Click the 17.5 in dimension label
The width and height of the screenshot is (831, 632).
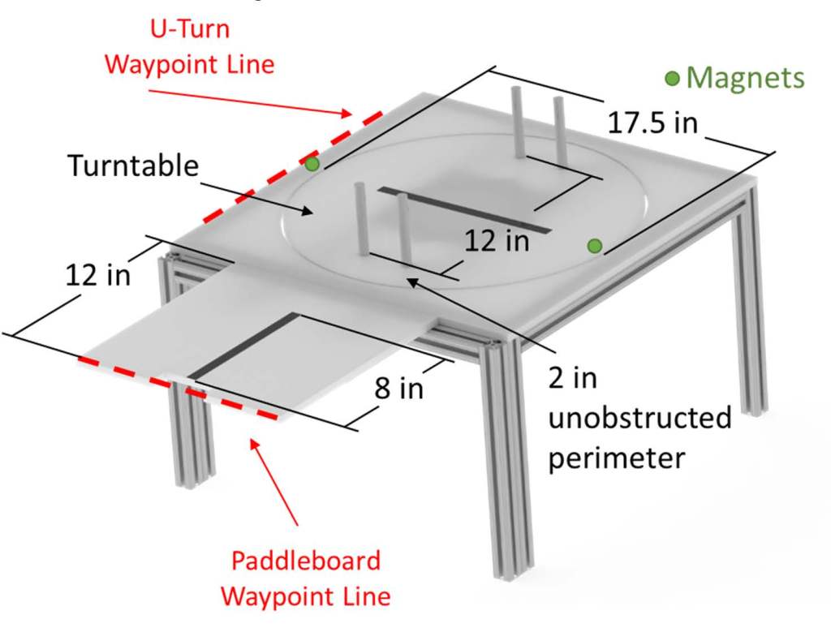pos(652,123)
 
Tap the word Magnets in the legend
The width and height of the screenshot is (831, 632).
pos(745,78)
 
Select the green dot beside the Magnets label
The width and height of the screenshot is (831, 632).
pos(672,78)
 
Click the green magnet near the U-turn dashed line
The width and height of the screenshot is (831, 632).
pos(312,164)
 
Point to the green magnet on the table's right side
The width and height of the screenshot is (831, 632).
pos(595,245)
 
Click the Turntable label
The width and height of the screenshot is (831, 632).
pos(133,166)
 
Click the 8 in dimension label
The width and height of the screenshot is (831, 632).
pos(398,388)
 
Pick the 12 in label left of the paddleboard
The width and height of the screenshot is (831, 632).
pos(97,275)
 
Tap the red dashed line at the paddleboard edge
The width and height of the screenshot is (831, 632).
pos(179,385)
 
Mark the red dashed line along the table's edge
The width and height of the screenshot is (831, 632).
pos(276,174)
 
